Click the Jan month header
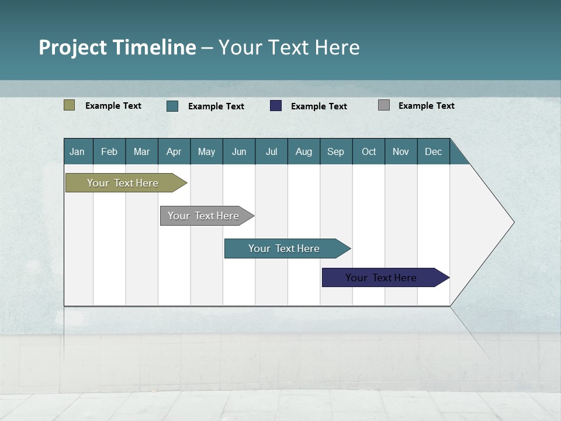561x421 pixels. tap(77, 151)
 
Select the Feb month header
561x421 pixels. tap(109, 151)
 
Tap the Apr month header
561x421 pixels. tap(174, 151)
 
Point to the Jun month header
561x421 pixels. tap(239, 151)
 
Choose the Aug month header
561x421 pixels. tap(304, 151)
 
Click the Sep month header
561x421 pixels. tap(336, 151)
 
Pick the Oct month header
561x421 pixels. tap(369, 151)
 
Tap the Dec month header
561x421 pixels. tap(434, 151)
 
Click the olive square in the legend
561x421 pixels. tap(70, 105)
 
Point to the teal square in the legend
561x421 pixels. tap(172, 106)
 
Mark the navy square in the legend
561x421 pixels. tap(276, 106)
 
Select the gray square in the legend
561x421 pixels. tap(384, 105)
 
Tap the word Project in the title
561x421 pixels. tap(72, 47)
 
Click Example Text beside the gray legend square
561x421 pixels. tap(427, 106)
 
